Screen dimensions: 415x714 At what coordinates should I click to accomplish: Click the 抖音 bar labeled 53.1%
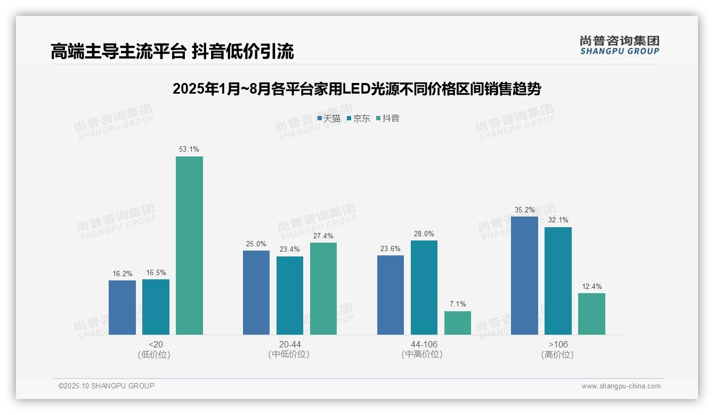189,245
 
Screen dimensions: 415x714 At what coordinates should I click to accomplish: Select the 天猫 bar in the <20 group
122,308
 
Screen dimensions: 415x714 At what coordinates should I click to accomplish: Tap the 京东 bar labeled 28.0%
424,287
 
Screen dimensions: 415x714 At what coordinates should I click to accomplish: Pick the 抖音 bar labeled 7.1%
458,323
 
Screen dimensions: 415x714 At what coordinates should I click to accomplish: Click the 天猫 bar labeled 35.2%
524,276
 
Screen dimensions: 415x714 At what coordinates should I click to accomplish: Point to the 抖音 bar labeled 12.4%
591,314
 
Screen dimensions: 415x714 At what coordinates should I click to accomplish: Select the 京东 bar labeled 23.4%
290,295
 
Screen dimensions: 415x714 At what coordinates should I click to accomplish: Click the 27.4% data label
323,236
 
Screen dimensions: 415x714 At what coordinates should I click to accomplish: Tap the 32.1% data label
558,220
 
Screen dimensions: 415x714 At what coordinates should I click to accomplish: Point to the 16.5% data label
156,272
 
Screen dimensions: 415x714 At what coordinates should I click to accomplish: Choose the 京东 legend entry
359,119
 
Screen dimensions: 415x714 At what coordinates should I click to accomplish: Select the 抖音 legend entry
388,119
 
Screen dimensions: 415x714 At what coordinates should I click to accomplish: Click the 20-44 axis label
289,344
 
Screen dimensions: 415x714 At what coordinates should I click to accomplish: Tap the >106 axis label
557,344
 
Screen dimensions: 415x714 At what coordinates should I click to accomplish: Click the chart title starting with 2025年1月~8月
356,89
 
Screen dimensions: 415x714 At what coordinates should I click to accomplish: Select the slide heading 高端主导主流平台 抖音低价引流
172,52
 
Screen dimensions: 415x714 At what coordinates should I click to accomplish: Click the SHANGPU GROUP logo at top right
619,45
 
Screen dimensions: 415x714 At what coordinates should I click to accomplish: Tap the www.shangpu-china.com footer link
621,386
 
